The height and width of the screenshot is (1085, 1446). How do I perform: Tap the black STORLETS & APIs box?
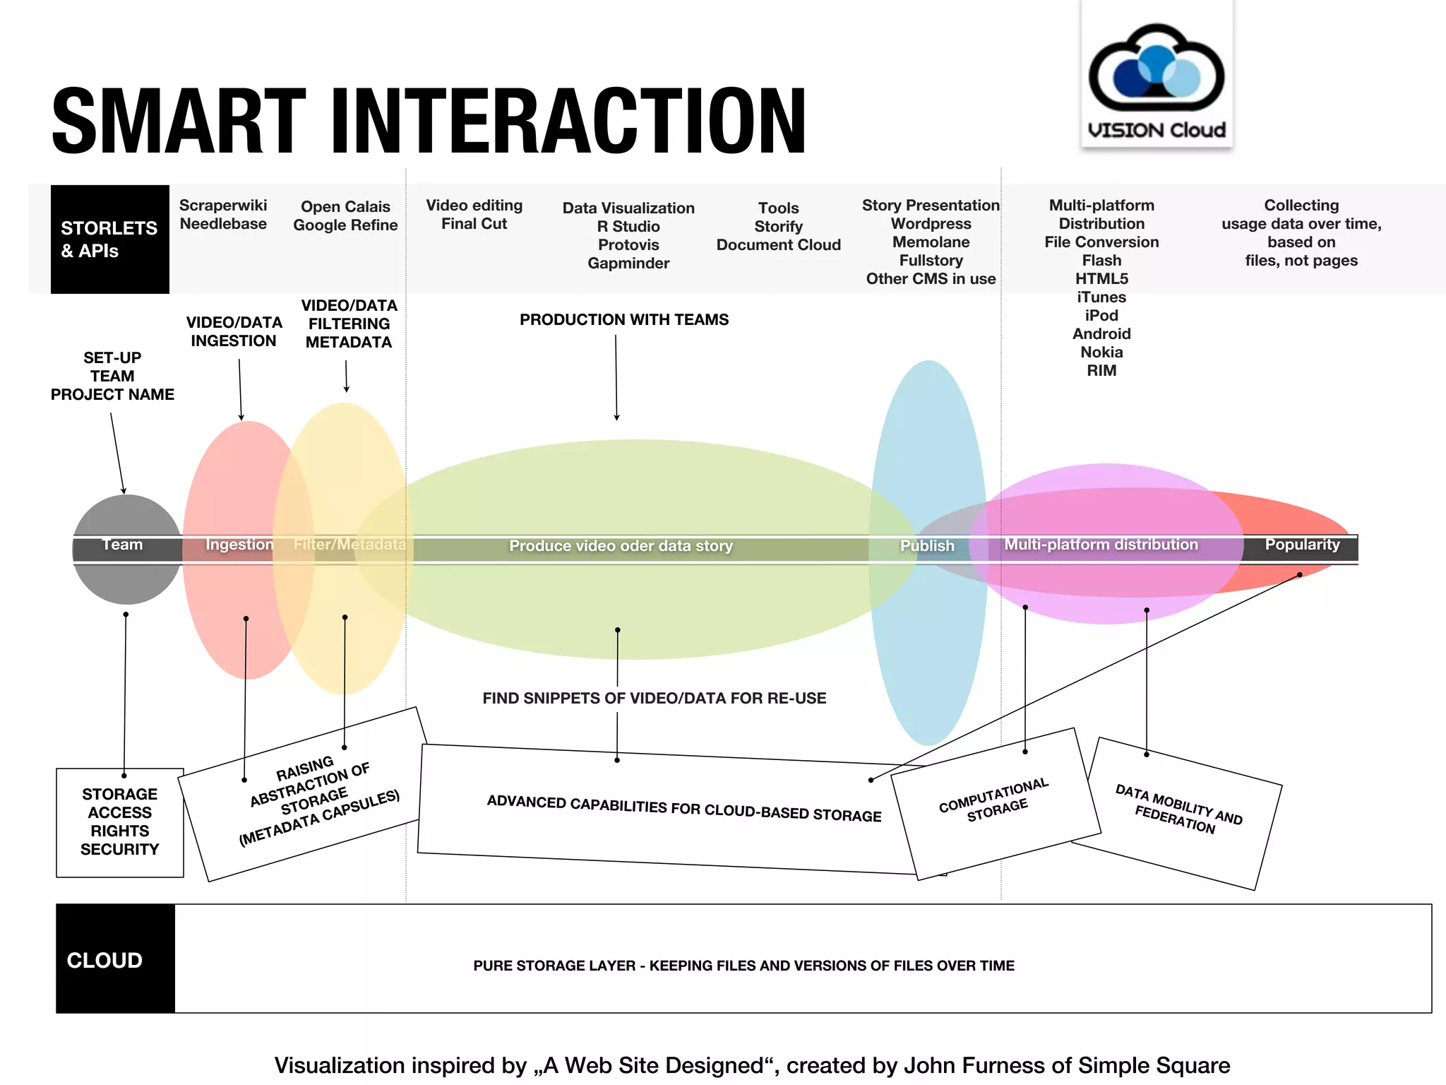109,239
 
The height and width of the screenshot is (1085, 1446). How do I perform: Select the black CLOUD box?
115,959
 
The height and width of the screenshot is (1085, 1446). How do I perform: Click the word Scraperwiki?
223,206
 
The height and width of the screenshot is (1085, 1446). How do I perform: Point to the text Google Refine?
345,225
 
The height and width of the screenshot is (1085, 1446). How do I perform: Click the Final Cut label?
474,224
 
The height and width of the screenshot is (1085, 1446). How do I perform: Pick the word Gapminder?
628,263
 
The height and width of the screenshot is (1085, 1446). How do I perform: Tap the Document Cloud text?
778,245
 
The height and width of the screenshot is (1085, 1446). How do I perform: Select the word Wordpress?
931,224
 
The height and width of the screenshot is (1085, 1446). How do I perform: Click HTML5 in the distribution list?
1101,279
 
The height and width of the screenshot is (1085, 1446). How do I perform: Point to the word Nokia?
1101,352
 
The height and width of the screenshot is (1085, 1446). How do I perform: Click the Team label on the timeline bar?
122,545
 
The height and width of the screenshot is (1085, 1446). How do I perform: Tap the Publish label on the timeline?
927,546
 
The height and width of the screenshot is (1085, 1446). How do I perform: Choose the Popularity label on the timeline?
1302,545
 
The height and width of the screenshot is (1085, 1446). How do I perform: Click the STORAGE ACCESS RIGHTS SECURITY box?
120,822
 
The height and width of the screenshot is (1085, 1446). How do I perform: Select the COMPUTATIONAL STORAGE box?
995,802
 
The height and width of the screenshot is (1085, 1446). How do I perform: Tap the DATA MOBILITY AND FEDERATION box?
1178,810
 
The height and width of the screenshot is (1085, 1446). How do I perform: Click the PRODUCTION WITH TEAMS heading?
624,320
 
